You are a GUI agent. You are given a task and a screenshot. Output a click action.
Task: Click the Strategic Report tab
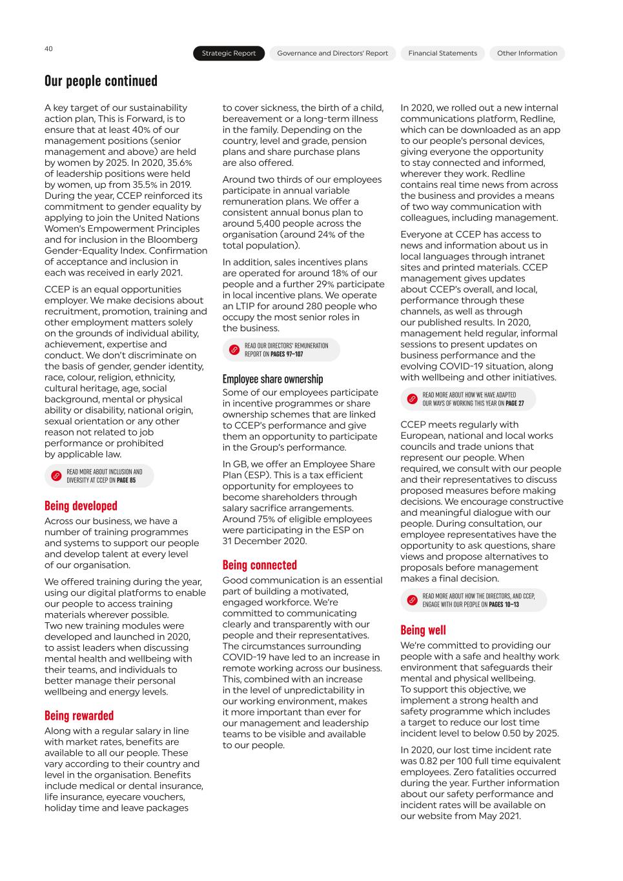tap(229, 54)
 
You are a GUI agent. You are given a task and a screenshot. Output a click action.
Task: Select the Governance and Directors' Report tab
tap(332, 54)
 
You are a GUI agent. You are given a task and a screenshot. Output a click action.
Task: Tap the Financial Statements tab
tap(442, 54)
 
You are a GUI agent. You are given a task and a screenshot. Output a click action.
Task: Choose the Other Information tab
tap(527, 54)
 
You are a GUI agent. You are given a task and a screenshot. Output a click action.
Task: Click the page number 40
tap(48, 49)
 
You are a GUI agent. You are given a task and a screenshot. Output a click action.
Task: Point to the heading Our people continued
tap(101, 81)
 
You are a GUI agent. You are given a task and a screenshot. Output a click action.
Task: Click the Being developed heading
tap(81, 506)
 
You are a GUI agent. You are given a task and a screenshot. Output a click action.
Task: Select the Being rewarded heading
tap(79, 716)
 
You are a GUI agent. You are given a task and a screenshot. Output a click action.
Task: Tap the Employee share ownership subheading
tap(272, 380)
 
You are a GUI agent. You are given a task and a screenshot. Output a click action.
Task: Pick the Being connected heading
tap(260, 565)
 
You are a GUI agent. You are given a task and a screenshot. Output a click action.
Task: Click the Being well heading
tap(423, 631)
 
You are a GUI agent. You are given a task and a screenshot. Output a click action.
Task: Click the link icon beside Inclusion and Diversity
tap(56, 476)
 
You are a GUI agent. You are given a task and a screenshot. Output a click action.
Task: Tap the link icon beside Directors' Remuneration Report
tap(234, 350)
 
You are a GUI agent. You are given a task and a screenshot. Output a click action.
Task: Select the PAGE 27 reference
tap(515, 403)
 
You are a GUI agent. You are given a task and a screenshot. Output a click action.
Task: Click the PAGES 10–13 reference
tap(504, 605)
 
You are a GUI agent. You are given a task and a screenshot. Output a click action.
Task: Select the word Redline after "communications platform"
tap(534, 119)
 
